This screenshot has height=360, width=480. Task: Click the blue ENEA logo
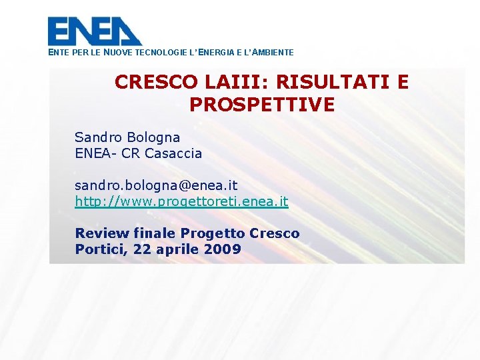click(x=95, y=31)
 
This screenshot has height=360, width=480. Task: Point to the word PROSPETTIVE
click(x=262, y=105)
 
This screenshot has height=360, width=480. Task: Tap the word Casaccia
click(x=173, y=153)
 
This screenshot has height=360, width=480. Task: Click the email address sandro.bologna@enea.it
click(x=156, y=184)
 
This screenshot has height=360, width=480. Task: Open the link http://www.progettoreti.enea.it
click(x=181, y=201)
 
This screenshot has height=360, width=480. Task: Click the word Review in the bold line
click(x=101, y=233)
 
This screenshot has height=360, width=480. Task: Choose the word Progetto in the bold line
click(x=213, y=234)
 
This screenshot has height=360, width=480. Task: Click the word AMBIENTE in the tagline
click(x=271, y=52)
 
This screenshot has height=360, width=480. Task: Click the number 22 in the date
click(x=142, y=250)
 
